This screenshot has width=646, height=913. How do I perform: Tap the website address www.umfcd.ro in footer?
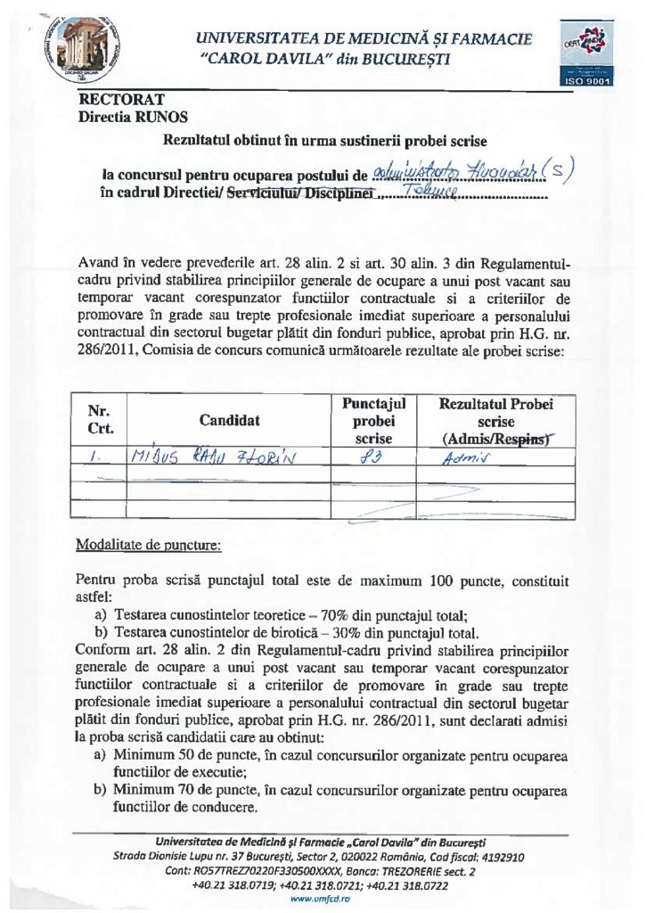324,901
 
